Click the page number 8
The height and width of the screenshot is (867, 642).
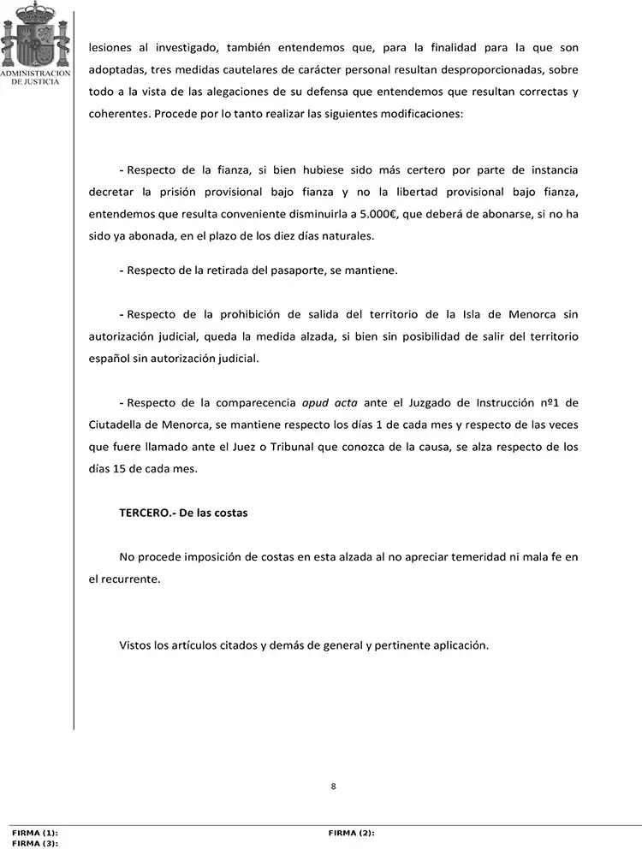click(333, 787)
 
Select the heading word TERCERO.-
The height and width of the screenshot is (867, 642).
click(147, 513)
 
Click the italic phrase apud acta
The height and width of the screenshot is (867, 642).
click(330, 402)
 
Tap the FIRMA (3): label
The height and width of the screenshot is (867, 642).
click(35, 844)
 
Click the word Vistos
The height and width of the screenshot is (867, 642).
click(135, 644)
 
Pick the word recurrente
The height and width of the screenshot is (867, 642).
click(130, 579)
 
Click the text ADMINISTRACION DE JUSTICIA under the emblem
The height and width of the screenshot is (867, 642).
click(33, 78)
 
